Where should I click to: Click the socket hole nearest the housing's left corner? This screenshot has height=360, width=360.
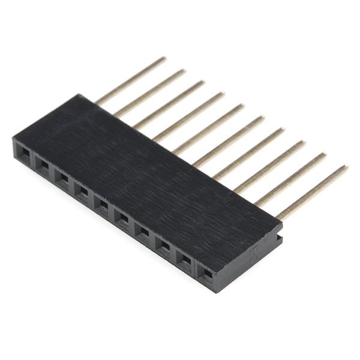coord(23,154)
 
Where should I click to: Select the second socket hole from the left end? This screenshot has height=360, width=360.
coord(43,165)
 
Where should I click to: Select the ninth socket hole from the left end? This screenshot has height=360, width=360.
coord(184,257)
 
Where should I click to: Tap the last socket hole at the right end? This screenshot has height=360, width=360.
coord(206,272)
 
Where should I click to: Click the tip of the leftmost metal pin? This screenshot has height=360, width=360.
coord(163,59)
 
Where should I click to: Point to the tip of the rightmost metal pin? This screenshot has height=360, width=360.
coord(345,167)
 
